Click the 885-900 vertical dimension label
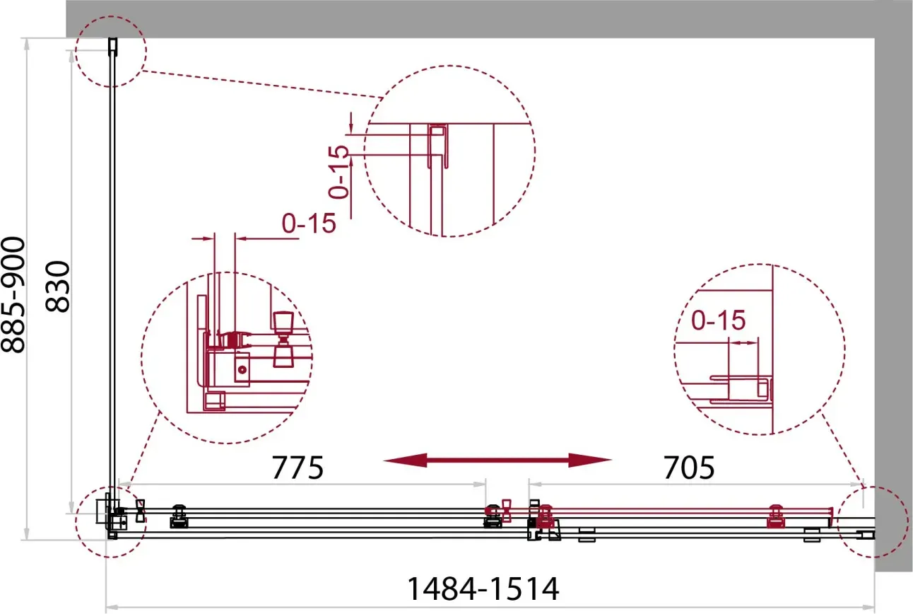click(13, 295)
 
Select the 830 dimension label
click(57, 286)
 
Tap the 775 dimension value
click(298, 468)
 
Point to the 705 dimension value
click(689, 468)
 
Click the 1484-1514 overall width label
click(483, 589)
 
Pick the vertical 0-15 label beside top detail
click(339, 172)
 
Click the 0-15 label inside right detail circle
click(719, 320)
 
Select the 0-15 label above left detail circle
click(309, 223)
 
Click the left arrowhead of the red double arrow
click(405, 460)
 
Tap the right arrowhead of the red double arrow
click(590, 460)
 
